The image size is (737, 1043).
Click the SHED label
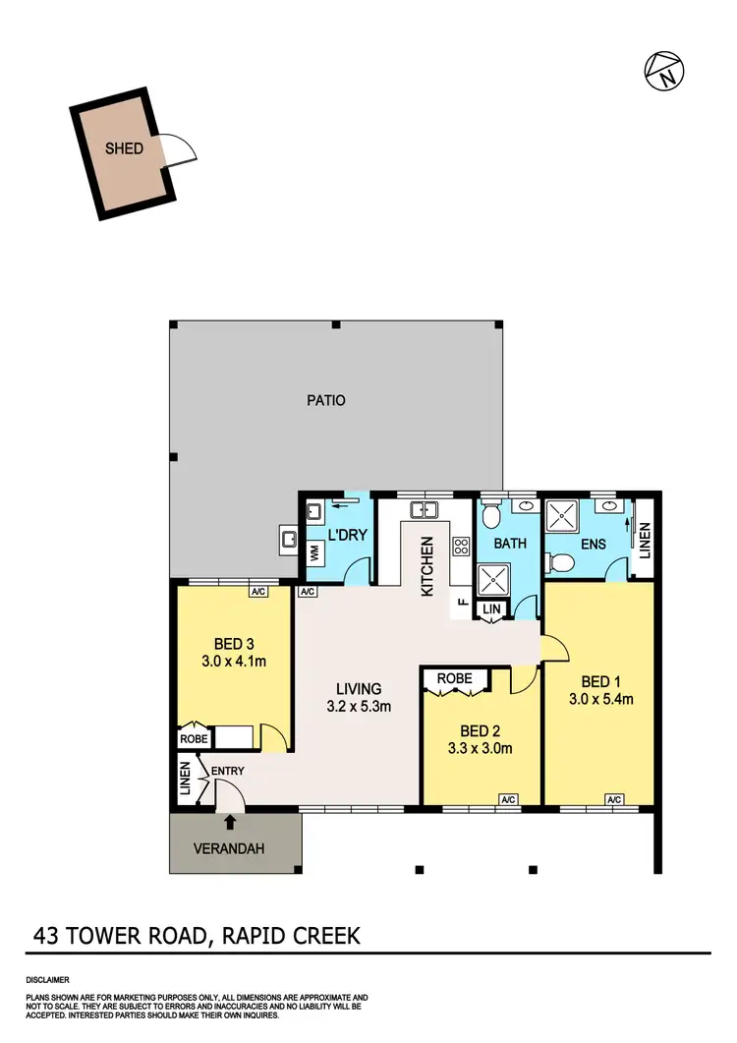[x=125, y=149]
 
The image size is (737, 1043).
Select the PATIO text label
[x=325, y=400]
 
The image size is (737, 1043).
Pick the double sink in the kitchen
[x=425, y=509]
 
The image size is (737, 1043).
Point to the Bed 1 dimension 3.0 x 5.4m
[x=599, y=699]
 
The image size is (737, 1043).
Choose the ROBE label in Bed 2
[x=455, y=678]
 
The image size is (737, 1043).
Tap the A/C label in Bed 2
[x=509, y=798]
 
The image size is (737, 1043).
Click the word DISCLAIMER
[x=47, y=980]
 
